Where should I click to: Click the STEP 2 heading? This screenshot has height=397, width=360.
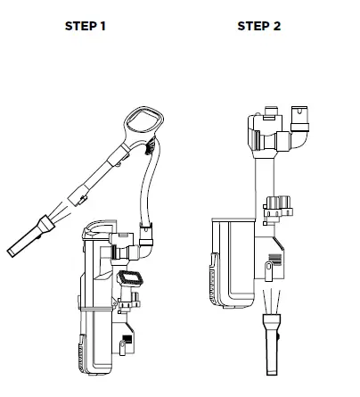[258, 26]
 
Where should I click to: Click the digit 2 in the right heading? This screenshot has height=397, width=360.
[276, 26]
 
